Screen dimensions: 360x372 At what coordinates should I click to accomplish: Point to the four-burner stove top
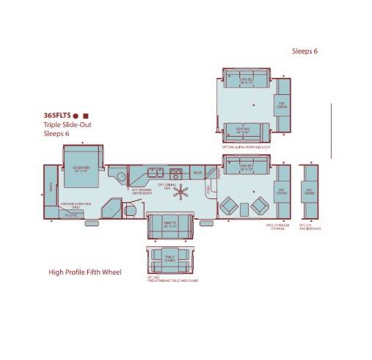(176, 173)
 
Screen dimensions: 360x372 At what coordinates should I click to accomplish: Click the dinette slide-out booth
(169, 226)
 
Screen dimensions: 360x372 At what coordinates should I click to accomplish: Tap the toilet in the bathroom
(130, 211)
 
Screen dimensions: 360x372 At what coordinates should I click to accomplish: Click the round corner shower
(117, 176)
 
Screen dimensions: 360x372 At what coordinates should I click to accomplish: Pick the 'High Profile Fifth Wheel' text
(85, 273)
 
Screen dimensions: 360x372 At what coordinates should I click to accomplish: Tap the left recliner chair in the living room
(230, 205)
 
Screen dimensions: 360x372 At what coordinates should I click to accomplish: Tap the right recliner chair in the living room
(258, 206)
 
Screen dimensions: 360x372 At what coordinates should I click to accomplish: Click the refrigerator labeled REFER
(197, 173)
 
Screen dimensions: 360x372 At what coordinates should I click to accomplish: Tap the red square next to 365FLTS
(86, 116)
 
